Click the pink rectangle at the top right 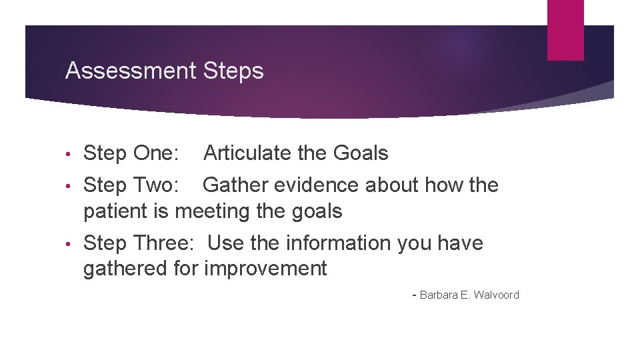pos(565,30)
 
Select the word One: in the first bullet pos(156,153)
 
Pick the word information pos(339,243)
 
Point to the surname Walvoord pos(496,295)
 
